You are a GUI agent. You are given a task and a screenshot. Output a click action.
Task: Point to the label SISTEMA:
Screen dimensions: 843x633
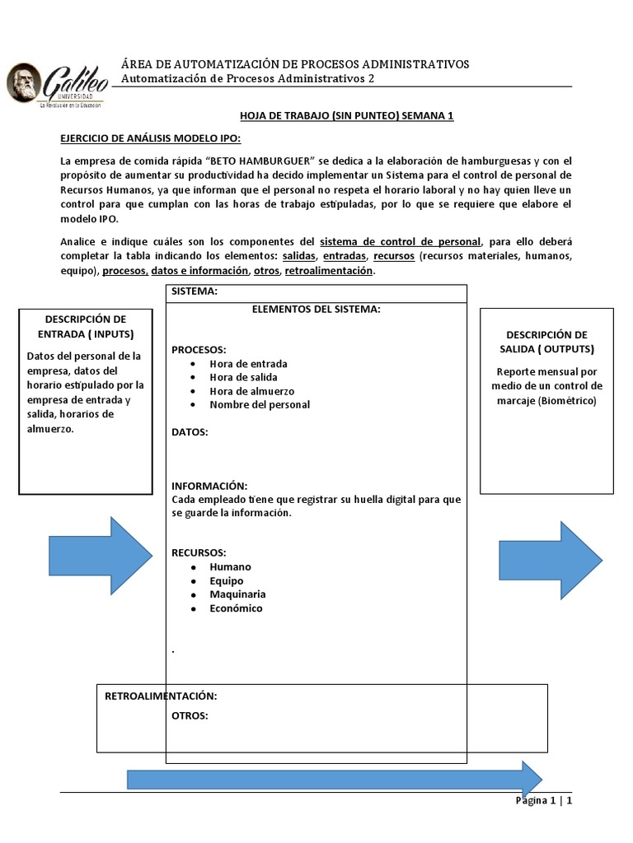point(195,292)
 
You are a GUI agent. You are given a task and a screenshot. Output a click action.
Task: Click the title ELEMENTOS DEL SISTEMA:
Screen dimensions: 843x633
point(316,309)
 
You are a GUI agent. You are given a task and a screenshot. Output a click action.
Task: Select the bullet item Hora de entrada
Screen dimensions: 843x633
point(248,363)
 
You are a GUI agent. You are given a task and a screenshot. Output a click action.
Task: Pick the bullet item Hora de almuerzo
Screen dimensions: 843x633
point(251,391)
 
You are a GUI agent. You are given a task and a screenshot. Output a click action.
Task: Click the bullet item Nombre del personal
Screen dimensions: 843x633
point(260,404)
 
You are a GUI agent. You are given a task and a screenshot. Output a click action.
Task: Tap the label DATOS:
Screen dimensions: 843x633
point(190,431)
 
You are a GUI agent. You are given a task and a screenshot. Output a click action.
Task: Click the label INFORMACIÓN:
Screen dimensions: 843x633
point(209,486)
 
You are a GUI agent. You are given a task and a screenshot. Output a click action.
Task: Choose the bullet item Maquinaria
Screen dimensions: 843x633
point(237,594)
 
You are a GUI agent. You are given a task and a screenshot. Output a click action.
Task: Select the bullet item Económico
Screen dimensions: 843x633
point(236,608)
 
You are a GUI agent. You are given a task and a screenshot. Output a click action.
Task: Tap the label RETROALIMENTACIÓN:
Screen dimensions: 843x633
point(161,696)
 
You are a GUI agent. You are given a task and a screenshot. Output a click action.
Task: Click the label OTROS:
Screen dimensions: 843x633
point(190,715)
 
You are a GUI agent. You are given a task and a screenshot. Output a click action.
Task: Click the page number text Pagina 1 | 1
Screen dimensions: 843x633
point(543,801)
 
